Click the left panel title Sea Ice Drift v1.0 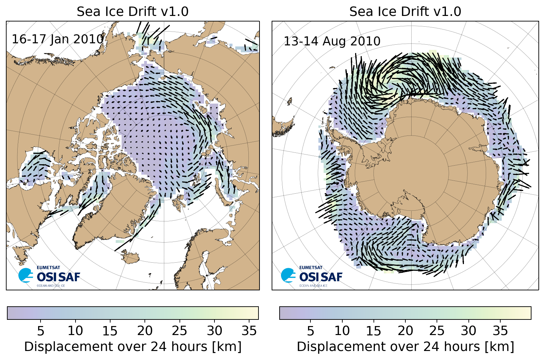point(132,12)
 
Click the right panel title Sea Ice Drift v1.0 point(405,12)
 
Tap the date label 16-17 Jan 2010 point(58,39)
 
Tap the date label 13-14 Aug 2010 point(332,42)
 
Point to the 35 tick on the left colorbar point(249,331)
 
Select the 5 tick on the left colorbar point(41,331)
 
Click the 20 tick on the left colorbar point(145,331)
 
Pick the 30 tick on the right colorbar point(468,331)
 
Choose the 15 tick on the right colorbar point(373,331)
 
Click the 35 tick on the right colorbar point(500,331)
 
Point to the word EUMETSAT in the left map point(48,267)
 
